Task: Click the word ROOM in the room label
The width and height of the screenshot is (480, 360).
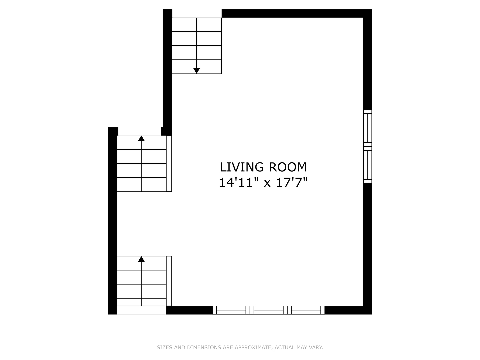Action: [288, 167]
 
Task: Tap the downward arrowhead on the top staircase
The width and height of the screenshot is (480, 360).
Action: [197, 70]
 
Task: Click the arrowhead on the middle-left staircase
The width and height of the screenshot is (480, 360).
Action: [141, 138]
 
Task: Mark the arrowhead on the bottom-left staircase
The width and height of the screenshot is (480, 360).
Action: [141, 259]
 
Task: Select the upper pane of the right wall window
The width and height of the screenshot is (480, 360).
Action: [367, 128]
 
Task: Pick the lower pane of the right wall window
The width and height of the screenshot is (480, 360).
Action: [367, 165]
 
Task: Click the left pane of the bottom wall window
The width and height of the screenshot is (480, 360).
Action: [231, 310]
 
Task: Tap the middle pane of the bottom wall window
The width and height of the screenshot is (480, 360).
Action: [269, 310]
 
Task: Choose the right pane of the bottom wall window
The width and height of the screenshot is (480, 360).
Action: [306, 310]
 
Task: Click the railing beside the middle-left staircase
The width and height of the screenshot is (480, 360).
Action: [169, 163]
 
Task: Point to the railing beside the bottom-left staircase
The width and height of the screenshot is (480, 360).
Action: [169, 281]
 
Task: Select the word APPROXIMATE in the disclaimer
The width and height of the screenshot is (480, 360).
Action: [253, 347]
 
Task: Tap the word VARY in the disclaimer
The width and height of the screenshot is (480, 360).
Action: [316, 347]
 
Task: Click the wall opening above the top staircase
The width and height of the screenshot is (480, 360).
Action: [197, 13]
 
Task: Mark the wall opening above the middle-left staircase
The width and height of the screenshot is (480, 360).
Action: [140, 131]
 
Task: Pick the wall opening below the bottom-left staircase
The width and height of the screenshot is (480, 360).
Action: [141, 310]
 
